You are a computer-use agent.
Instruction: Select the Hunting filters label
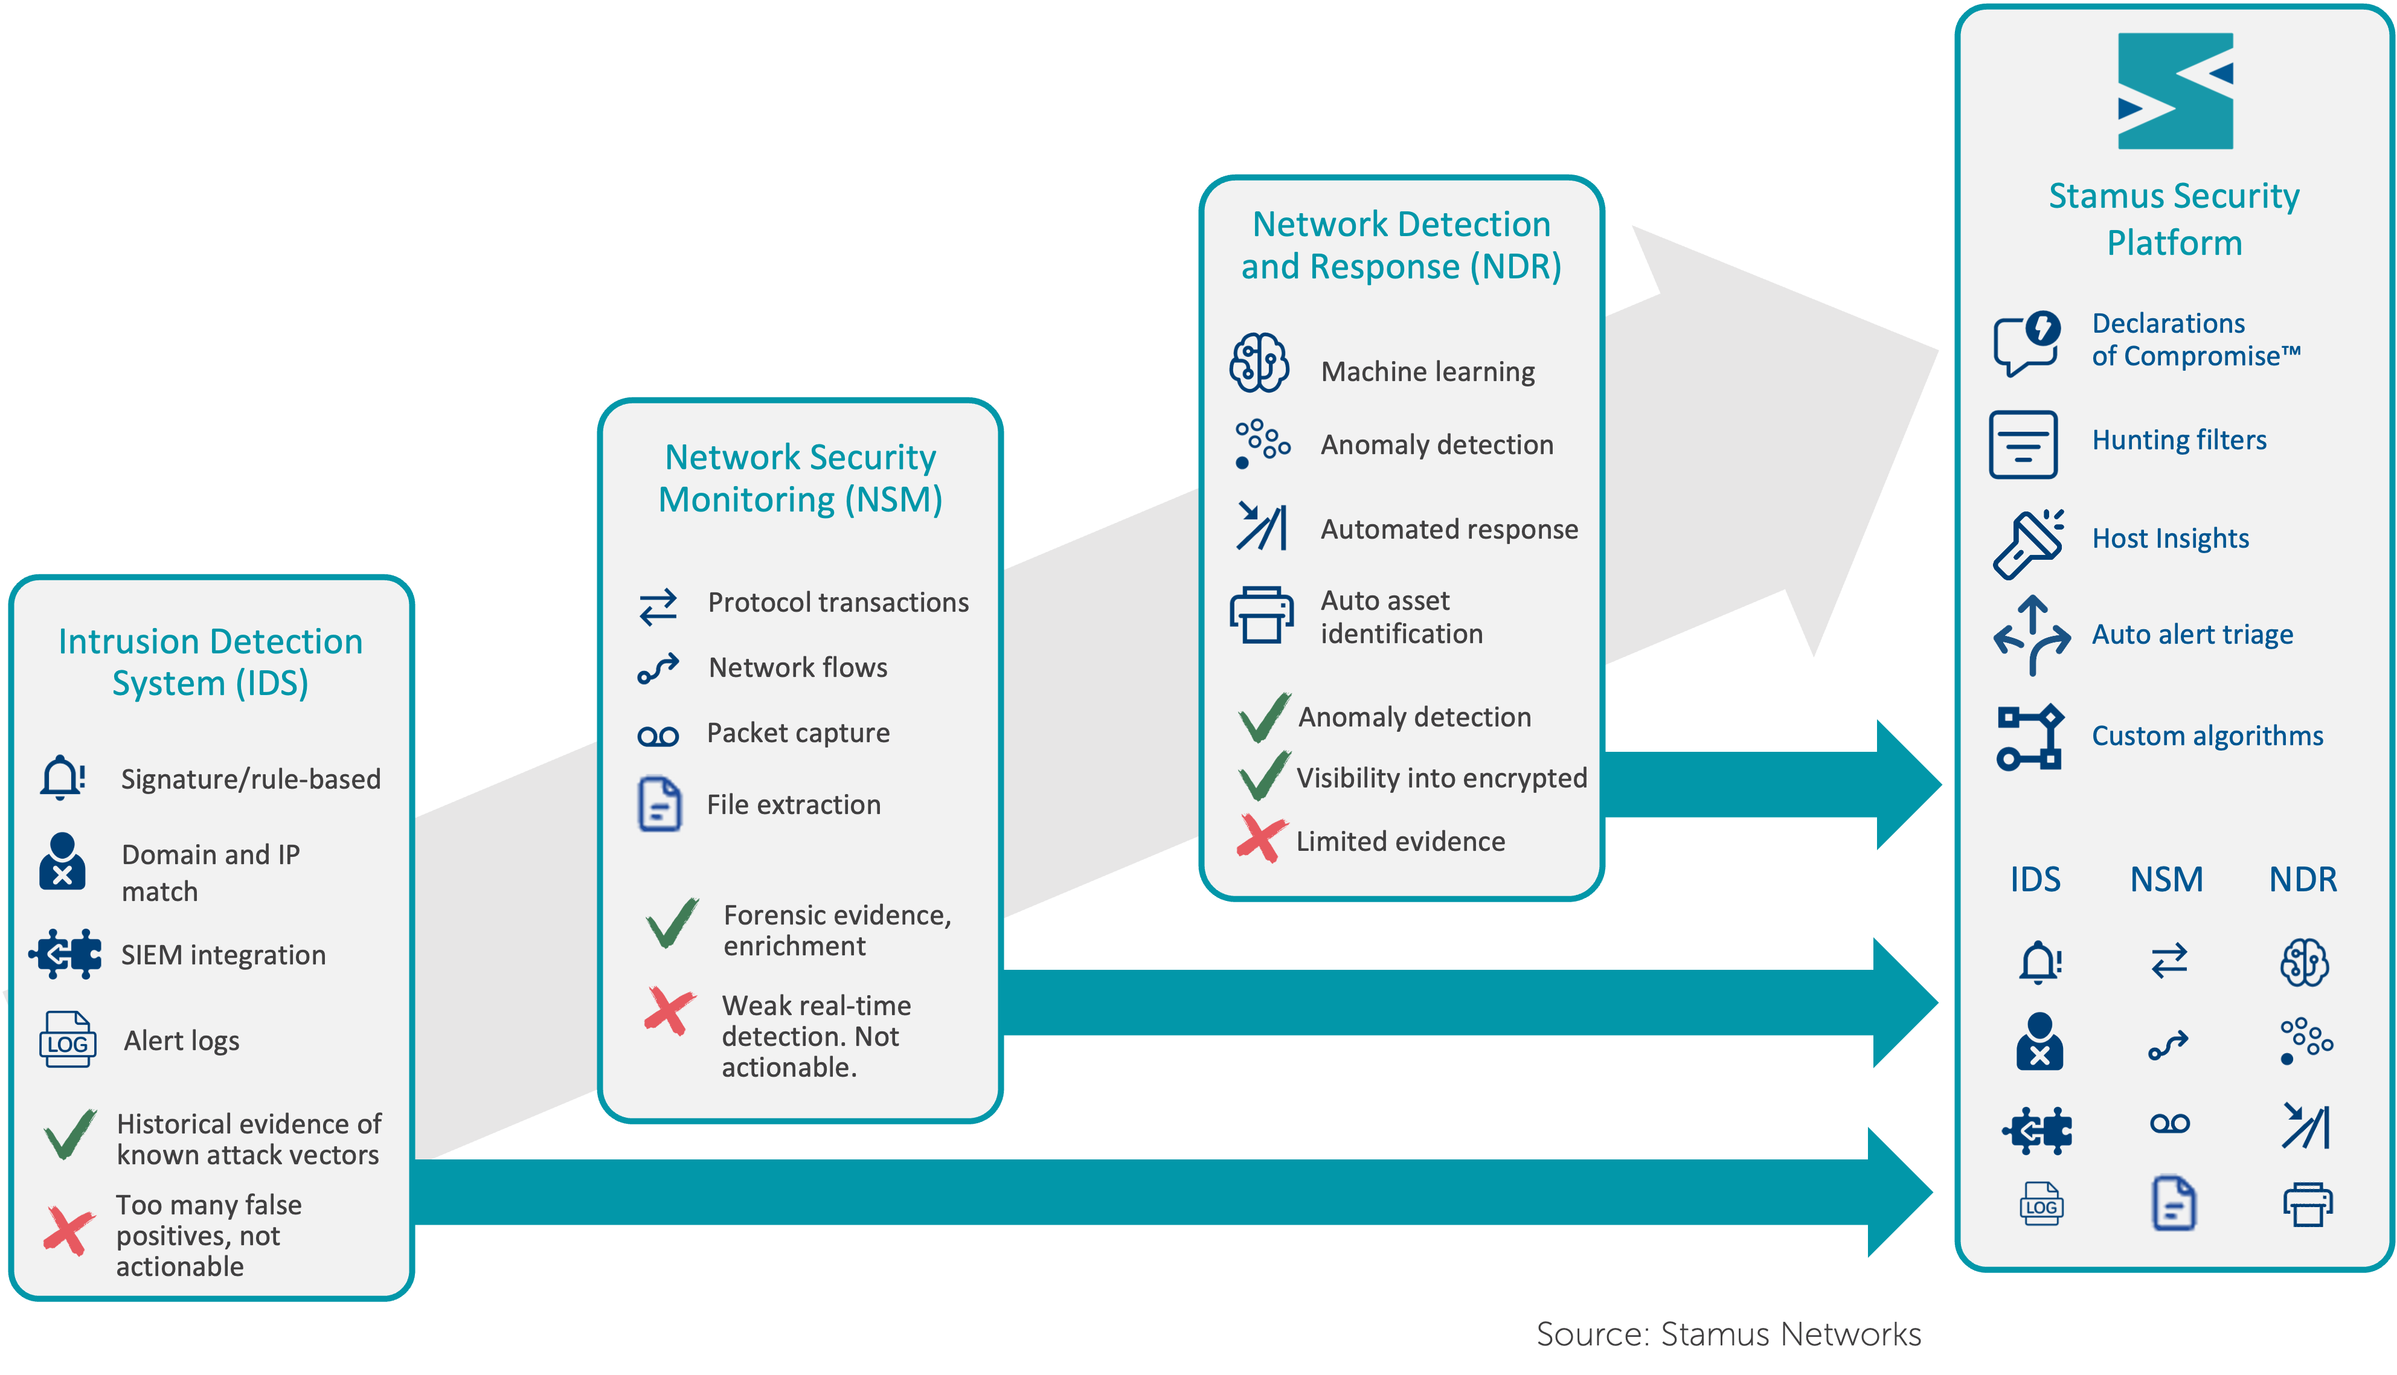point(2179,440)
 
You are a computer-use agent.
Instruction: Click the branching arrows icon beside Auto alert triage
point(2032,635)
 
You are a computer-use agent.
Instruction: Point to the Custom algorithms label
point(2207,736)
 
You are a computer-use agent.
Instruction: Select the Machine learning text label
point(1427,372)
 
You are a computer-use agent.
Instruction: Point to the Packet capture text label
point(798,733)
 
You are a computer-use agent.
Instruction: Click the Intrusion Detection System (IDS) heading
point(211,662)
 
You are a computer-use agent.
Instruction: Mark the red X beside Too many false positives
point(69,1229)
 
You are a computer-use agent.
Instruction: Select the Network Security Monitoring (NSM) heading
point(800,478)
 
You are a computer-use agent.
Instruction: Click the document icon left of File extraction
point(659,804)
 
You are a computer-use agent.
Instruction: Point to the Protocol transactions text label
point(838,603)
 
